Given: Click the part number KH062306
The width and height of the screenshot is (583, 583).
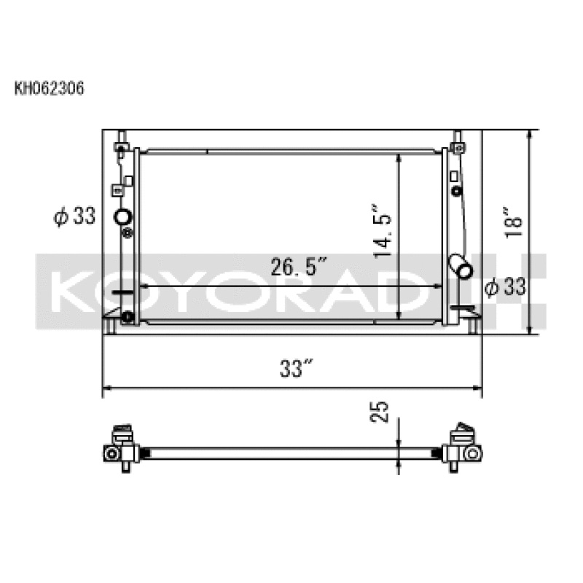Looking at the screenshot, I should pyautogui.click(x=50, y=89).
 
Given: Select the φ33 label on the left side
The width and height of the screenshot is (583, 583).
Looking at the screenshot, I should pyautogui.click(x=75, y=216).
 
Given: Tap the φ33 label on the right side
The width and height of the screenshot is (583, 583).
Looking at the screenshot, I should pyautogui.click(x=505, y=287).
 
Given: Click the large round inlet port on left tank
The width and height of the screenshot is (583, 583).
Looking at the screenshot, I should pyautogui.click(x=123, y=216).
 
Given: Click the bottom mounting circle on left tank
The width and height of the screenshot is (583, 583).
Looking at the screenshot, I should pyautogui.click(x=128, y=316).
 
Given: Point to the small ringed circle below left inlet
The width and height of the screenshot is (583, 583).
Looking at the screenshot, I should pyautogui.click(x=128, y=233).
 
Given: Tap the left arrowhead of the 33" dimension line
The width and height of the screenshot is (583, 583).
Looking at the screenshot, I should pyautogui.click(x=106, y=388).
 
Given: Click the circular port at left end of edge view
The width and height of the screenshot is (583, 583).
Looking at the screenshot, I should pyautogui.click(x=111, y=453).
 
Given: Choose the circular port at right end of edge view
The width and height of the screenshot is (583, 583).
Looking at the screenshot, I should pyautogui.click(x=472, y=453).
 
